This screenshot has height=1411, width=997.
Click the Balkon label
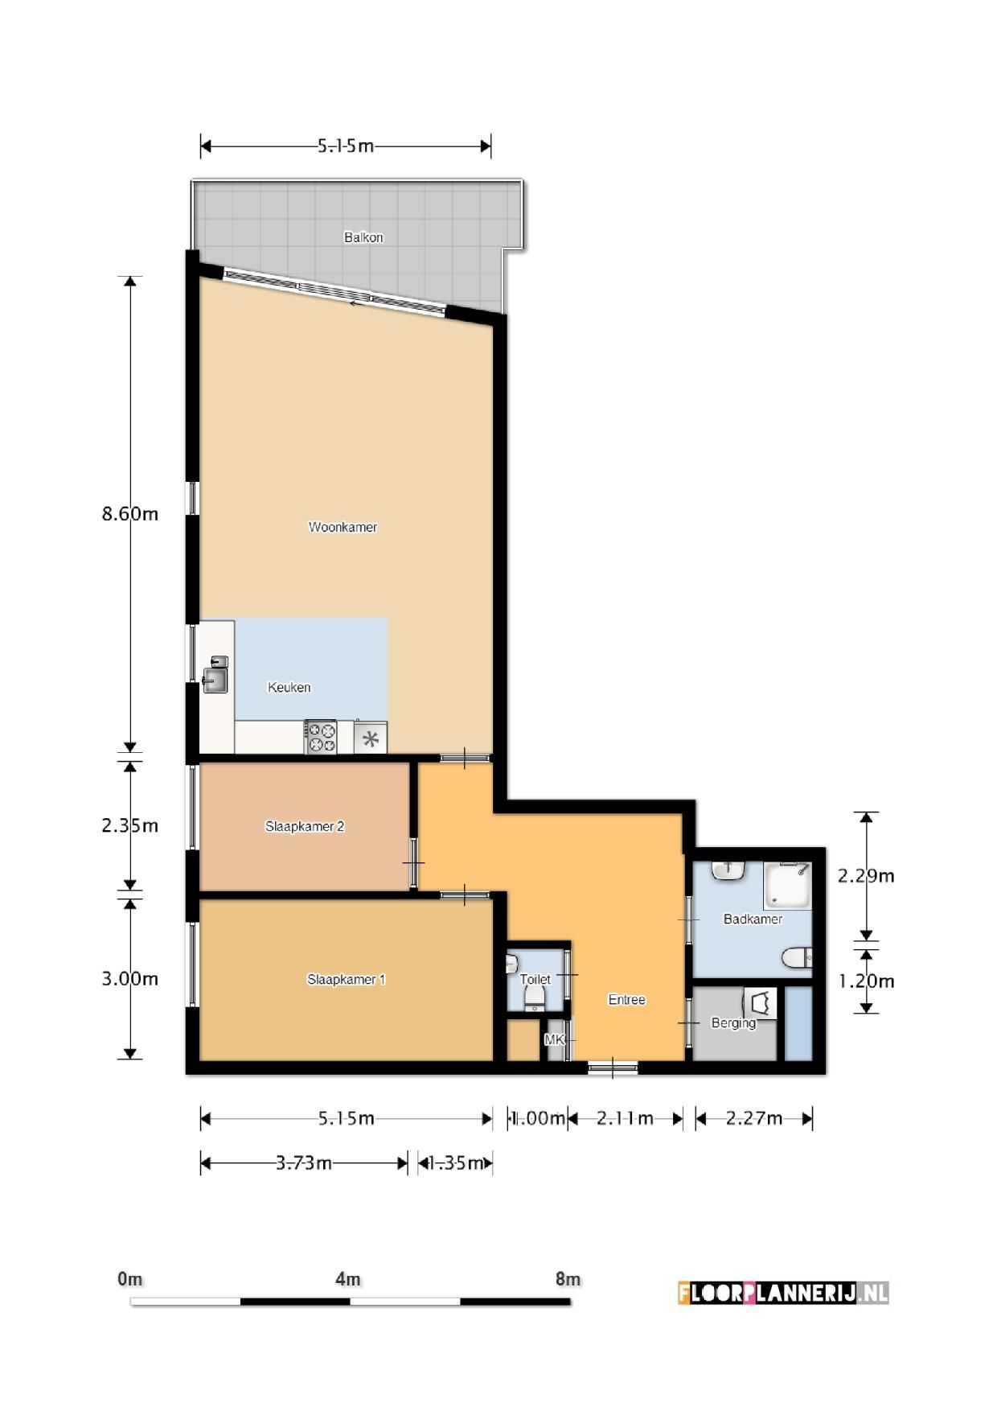363,237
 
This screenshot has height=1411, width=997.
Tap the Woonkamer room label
343,527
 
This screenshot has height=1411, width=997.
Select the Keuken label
289,687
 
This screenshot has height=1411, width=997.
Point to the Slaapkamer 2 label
305,826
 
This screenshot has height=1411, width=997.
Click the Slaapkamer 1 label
347,979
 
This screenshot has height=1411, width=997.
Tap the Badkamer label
753,919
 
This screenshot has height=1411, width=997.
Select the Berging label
733,1023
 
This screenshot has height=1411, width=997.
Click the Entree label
627,1000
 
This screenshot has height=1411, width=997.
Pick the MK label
555,1040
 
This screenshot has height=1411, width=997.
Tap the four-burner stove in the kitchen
321,737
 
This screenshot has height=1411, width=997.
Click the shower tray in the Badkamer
787,886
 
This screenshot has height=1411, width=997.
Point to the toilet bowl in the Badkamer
797,957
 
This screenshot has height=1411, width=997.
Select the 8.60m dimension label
129,514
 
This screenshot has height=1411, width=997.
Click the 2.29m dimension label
866,875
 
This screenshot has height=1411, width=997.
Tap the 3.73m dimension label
304,1163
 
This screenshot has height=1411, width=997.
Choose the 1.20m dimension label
866,981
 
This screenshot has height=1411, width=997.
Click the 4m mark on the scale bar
348,1279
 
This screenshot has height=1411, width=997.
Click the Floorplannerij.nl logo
783,1293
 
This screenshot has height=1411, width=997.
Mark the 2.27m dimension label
754,1118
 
